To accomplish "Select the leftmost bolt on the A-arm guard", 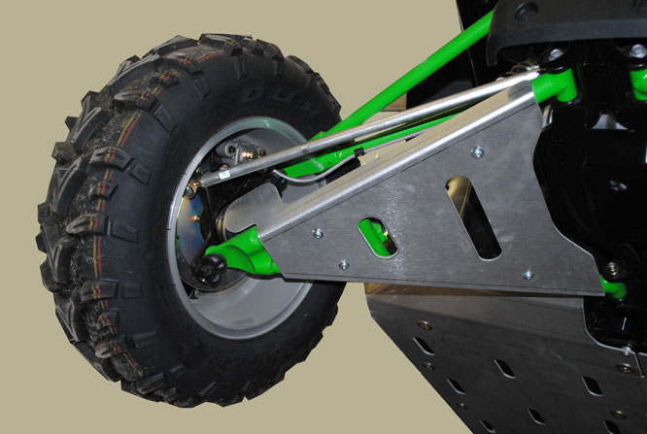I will tap(318, 233).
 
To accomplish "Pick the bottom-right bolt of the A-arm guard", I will tap(528, 274).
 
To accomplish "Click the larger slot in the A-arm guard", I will tap(473, 217).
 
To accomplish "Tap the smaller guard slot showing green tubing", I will tap(376, 237).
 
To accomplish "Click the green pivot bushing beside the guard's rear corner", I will tap(613, 288).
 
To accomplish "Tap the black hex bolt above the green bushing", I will tap(610, 266).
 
